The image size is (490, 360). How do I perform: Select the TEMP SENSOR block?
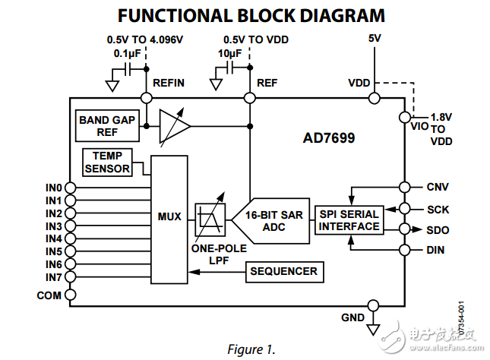tap(107, 162)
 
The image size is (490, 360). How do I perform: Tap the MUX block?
tap(169, 217)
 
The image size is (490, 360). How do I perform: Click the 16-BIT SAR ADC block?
tap(274, 221)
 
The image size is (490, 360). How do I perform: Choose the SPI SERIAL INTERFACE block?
tap(349, 220)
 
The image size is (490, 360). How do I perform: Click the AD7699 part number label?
tap(328, 139)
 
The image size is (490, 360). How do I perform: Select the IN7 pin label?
tap(53, 277)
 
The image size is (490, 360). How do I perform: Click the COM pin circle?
tap(70, 295)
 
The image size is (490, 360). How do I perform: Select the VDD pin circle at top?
tap(374, 98)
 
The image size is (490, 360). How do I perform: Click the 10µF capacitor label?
tap(229, 54)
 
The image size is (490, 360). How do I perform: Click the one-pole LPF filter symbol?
tap(209, 218)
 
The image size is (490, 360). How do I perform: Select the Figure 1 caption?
tap(250, 349)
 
